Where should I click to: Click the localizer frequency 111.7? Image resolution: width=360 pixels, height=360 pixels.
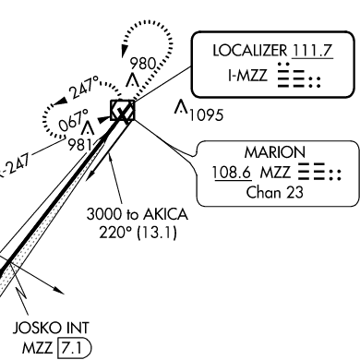(312, 51)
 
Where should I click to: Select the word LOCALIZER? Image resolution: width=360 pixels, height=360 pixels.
(249, 51)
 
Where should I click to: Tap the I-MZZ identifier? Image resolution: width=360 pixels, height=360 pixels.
(247, 75)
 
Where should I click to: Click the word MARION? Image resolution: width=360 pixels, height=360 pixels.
(275, 152)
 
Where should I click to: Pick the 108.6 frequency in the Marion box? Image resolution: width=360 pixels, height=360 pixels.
(232, 173)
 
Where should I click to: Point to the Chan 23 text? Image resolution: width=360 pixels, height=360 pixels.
(275, 193)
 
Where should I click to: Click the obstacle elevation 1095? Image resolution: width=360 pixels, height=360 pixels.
(206, 115)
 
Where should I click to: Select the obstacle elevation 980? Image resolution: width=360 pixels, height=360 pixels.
(143, 64)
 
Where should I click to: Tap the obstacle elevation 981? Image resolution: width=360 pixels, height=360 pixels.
(79, 145)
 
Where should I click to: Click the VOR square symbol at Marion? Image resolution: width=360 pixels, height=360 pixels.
(123, 110)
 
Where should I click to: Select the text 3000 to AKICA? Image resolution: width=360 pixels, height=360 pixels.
(137, 214)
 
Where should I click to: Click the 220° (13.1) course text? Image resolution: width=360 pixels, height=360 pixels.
(138, 233)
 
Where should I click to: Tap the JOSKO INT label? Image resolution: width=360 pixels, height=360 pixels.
(51, 328)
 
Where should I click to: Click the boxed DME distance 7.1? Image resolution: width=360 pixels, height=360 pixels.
(75, 348)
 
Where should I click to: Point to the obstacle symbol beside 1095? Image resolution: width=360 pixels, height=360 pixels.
(181, 106)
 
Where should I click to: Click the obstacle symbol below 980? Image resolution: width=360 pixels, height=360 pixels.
(133, 79)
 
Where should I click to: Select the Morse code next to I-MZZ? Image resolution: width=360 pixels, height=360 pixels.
(299, 76)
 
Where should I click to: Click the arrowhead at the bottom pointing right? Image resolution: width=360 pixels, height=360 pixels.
(58, 290)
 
